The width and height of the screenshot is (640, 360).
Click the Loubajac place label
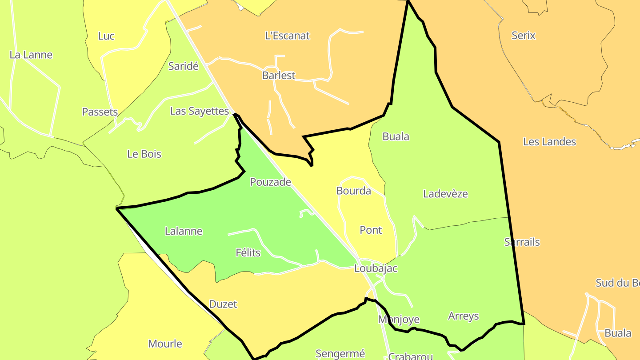point(376,268)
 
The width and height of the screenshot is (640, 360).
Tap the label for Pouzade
point(270,182)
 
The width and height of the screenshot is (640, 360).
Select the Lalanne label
point(184,231)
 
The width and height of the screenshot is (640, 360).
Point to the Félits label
point(248,253)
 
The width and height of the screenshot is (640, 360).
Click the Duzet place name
point(223,304)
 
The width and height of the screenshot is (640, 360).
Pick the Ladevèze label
point(445,194)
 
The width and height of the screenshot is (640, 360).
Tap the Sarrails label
point(522,242)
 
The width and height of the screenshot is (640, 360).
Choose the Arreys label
point(463,316)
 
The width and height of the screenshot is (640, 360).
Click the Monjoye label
point(399,320)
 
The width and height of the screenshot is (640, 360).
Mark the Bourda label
point(353,191)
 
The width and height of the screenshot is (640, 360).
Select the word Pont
point(371,230)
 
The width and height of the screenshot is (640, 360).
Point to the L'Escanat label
point(287,36)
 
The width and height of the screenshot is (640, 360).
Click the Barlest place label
point(278,76)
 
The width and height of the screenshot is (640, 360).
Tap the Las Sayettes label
point(199,111)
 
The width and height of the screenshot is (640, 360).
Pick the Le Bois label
point(144,154)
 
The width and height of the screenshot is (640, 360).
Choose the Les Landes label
point(549,142)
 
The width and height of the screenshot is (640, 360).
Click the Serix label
point(523,36)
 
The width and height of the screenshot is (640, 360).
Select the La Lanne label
point(31,55)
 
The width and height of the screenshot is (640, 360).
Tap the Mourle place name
point(165,344)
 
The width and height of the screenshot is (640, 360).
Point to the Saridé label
point(183,67)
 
